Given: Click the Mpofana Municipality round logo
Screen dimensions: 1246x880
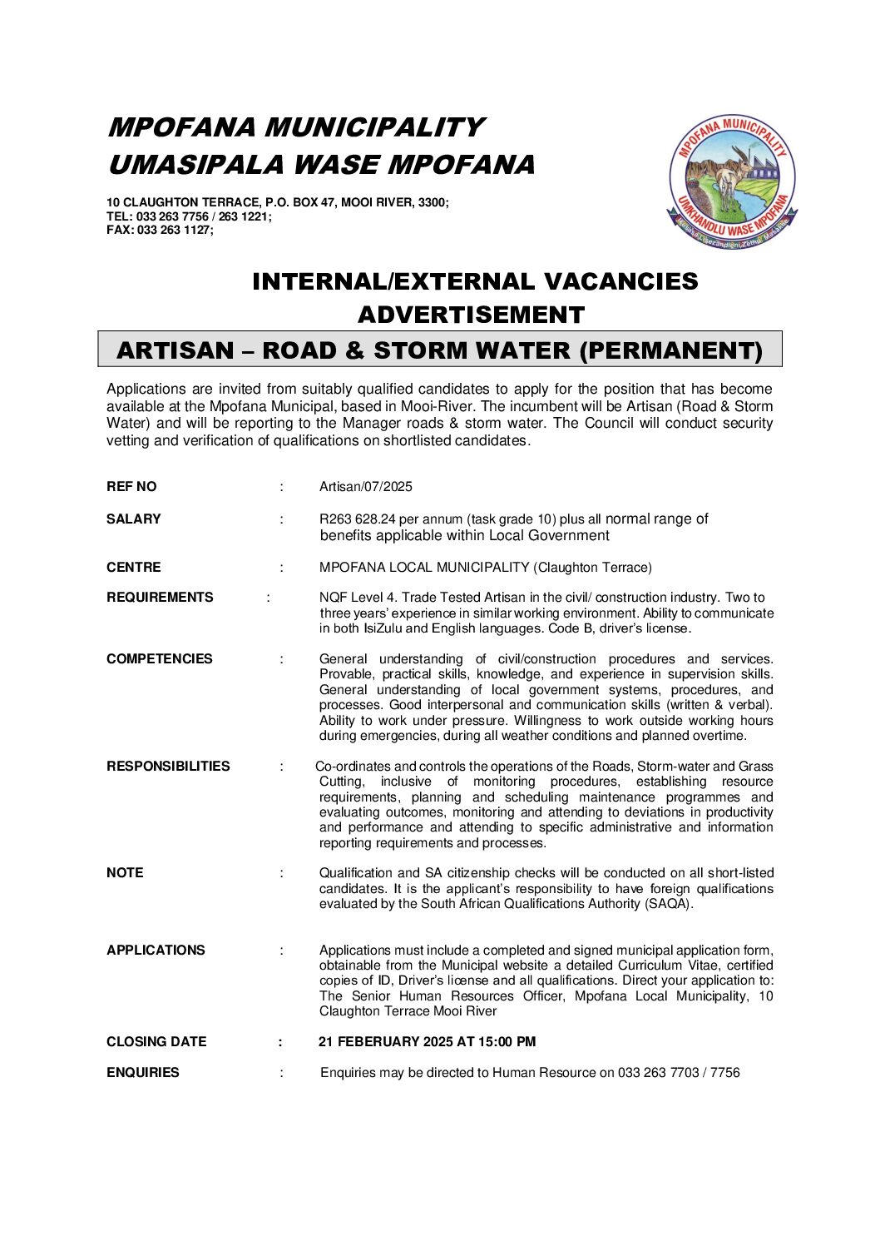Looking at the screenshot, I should [x=732, y=181].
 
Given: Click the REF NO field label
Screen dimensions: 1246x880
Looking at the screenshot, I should [x=131, y=487].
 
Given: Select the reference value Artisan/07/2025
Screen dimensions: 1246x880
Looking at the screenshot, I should [x=366, y=487].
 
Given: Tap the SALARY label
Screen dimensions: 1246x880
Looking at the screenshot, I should [x=133, y=519].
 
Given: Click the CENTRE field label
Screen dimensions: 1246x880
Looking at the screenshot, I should [x=133, y=568].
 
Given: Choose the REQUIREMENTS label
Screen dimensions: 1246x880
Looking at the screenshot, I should [x=160, y=598].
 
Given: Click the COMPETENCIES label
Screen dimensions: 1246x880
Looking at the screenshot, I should [x=160, y=659].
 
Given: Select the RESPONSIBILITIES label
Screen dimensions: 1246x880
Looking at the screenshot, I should [x=168, y=767].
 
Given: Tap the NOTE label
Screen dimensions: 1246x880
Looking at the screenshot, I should [x=125, y=873].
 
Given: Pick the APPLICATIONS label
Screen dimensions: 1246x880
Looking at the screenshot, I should [x=156, y=951].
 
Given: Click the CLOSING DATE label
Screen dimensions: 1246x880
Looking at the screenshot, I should [x=156, y=1042].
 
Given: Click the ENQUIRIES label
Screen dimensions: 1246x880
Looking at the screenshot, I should [x=143, y=1073].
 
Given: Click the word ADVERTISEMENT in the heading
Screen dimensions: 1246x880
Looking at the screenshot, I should [x=471, y=315].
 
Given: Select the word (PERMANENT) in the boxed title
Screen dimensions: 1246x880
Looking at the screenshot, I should [x=670, y=350].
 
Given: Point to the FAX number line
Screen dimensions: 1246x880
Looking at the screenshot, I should [x=160, y=231].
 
